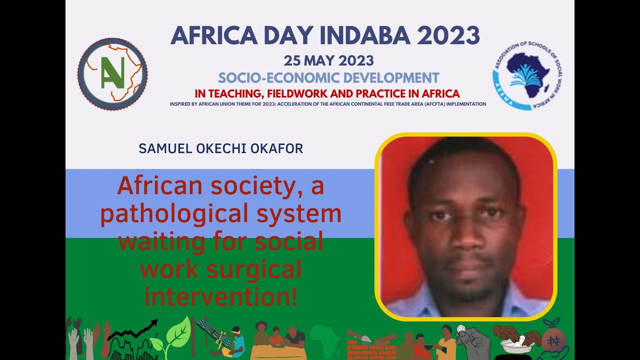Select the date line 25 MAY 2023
(x=328, y=61)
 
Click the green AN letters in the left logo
(x=112, y=74)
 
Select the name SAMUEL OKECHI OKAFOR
(x=221, y=148)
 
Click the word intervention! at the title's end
(x=221, y=297)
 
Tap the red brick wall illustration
(x=364, y=349)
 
